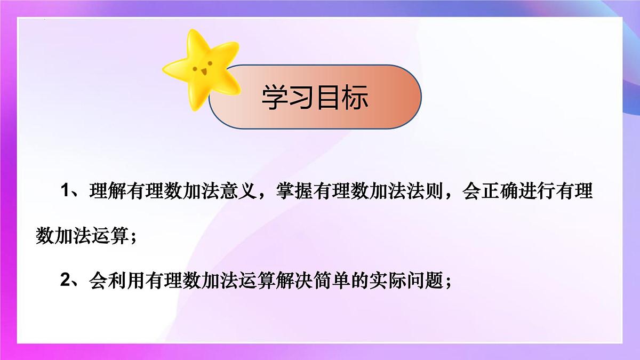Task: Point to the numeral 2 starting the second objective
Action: coord(66,281)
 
